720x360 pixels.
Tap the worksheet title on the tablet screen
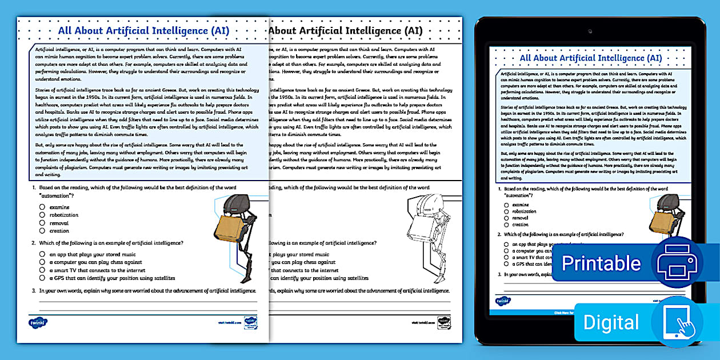590,58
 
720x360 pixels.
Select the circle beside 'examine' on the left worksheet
42,207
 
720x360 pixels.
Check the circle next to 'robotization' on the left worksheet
42,215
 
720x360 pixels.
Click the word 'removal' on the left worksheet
59,223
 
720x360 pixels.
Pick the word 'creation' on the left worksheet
59,231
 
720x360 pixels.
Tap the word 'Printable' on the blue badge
601,263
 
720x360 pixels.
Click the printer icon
677,263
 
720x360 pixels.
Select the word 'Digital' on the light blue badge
611,322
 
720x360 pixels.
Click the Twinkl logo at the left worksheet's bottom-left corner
37,322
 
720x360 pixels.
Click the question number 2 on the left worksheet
34,243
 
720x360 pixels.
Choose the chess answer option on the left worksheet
95,262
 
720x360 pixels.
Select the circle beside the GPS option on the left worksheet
42,278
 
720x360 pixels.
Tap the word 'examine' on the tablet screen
521,205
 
